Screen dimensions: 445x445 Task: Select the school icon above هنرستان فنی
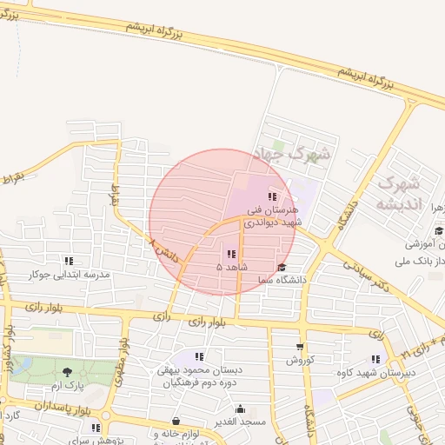(x=272, y=196)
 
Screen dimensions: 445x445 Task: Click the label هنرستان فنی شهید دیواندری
(x=272, y=216)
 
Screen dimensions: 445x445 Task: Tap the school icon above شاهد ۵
(x=231, y=254)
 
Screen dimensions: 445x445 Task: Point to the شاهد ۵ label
(x=232, y=268)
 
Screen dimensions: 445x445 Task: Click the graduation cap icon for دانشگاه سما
(x=281, y=267)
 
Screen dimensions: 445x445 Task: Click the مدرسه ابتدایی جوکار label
(x=70, y=275)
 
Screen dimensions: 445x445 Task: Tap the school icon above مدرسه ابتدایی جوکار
(x=69, y=261)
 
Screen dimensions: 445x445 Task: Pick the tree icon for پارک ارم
(x=67, y=372)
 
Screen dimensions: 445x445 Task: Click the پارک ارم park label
(x=68, y=384)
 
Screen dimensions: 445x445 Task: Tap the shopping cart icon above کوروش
(x=300, y=347)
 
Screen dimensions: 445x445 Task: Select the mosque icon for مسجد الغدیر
(x=240, y=408)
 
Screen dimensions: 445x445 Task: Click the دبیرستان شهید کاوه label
(x=375, y=372)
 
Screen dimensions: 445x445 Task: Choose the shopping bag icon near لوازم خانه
(x=176, y=421)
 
